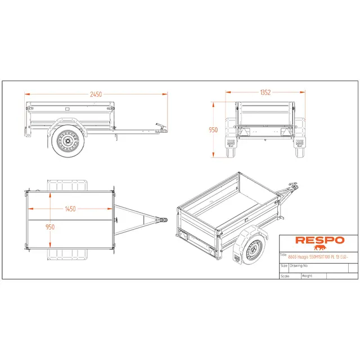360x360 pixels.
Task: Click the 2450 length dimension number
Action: coord(96,94)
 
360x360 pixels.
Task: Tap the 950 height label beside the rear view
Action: coord(213,130)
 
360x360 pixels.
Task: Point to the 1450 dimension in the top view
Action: coord(70,209)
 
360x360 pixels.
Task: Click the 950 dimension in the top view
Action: coord(50,227)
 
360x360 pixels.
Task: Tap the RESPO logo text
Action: coord(320,240)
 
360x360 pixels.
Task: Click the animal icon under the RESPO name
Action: coord(320,247)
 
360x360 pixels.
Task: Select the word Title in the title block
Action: coord(283,254)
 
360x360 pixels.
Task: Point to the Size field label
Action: coord(283,265)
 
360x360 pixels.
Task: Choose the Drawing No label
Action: coord(298,265)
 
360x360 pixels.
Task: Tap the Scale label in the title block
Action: coord(285,276)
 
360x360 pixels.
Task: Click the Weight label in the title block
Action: coord(307,276)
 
